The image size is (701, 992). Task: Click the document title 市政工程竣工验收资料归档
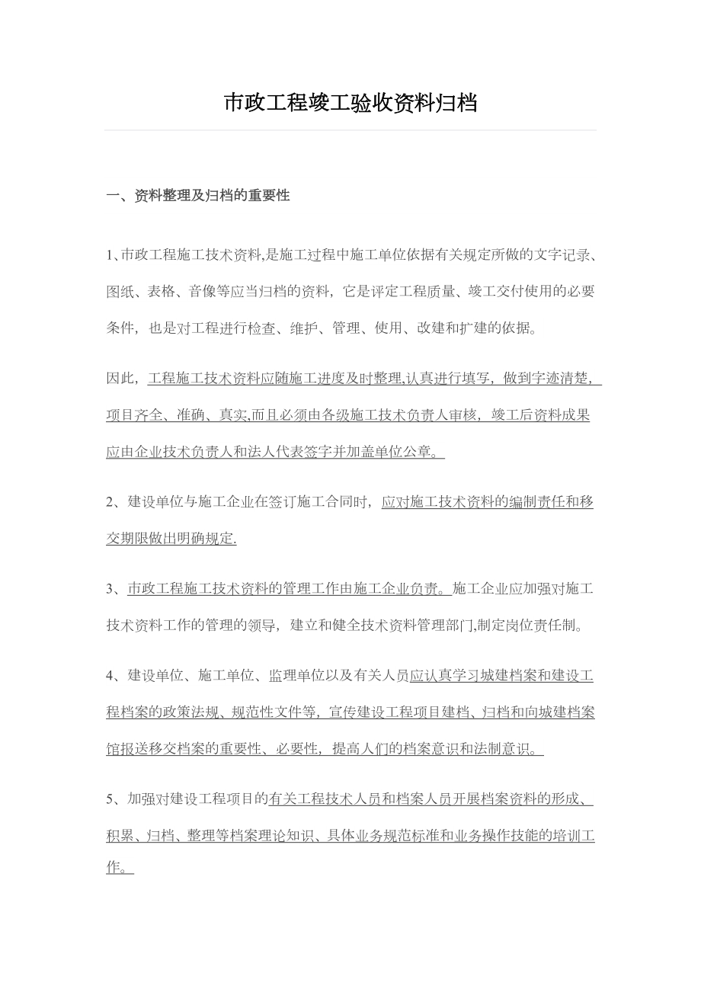coord(350,103)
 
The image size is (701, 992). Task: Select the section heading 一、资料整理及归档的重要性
coord(197,196)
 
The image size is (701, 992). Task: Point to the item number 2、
coord(114,501)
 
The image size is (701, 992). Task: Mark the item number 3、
coord(114,588)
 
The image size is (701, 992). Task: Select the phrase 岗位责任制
coord(538,626)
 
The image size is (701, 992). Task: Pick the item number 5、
coord(114,799)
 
